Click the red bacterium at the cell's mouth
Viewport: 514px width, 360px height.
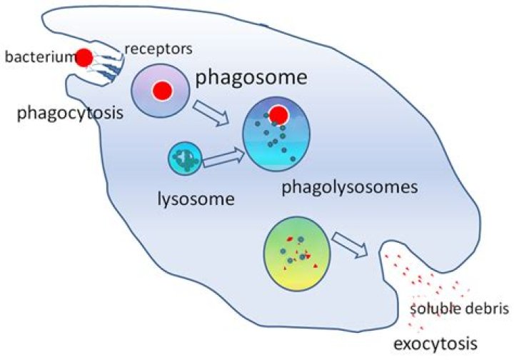click(x=84, y=57)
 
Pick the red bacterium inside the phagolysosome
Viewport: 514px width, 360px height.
click(x=279, y=114)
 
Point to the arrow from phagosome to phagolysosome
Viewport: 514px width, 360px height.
click(x=213, y=112)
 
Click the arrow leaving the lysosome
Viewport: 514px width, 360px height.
click(x=223, y=159)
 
